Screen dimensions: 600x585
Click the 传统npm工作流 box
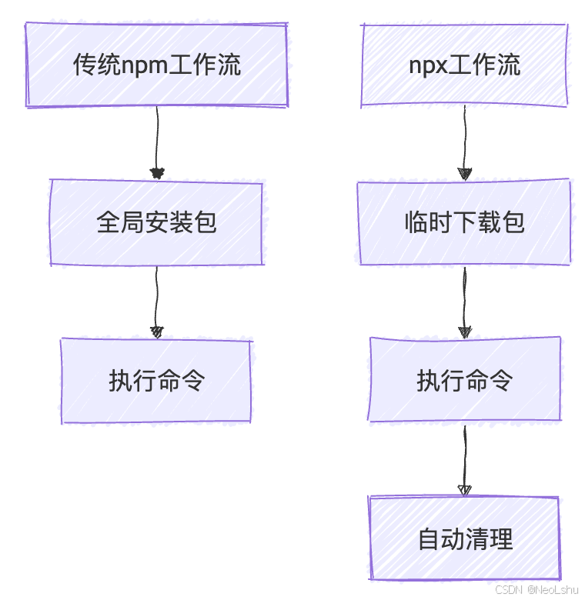pos(156,65)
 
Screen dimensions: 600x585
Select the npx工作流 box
pos(464,65)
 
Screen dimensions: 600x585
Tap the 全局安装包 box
pos(156,223)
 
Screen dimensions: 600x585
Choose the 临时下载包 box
pos(464,223)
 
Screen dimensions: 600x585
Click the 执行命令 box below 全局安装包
pos(156,381)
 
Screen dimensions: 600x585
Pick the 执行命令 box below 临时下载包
pos(464,381)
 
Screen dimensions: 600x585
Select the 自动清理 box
pos(464,538)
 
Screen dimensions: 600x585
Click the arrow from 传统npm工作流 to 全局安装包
pos(157,138)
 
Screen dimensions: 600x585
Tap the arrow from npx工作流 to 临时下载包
pos(464,138)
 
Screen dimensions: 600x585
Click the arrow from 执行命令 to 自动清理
pos(464,457)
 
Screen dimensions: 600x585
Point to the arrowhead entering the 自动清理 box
pos(464,489)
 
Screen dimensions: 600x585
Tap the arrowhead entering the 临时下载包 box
pos(464,174)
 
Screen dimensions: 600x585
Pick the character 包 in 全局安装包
pos(205,223)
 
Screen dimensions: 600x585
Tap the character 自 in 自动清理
pos(429,538)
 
